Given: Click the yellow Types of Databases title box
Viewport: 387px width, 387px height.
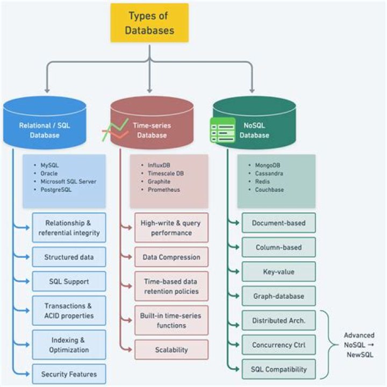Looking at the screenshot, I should pos(150,23).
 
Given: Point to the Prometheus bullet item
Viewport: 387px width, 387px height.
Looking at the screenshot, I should pos(164,190).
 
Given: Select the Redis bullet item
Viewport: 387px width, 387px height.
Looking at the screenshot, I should pos(263,182).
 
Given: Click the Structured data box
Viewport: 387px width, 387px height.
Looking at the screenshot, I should pos(69,257).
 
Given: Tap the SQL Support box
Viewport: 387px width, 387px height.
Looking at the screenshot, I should pos(69,281).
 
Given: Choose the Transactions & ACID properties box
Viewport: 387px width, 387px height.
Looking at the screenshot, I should pos(69,310).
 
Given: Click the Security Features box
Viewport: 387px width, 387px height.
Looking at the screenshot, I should pos(69,374).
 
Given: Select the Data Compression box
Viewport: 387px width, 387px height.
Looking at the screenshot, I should pos(171,257).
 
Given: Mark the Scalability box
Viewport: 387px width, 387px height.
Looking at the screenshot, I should pos(171,349).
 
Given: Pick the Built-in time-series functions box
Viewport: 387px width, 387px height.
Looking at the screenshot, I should pos(171,321).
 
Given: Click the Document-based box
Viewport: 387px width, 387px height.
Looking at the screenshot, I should pos(278,223).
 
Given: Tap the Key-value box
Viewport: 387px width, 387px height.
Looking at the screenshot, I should pos(278,271).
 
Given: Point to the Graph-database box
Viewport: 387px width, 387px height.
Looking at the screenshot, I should pos(278,296).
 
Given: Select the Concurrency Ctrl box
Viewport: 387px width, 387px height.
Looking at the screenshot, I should pos(278,345).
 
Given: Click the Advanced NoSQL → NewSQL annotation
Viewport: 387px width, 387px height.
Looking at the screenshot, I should pos(359,345).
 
